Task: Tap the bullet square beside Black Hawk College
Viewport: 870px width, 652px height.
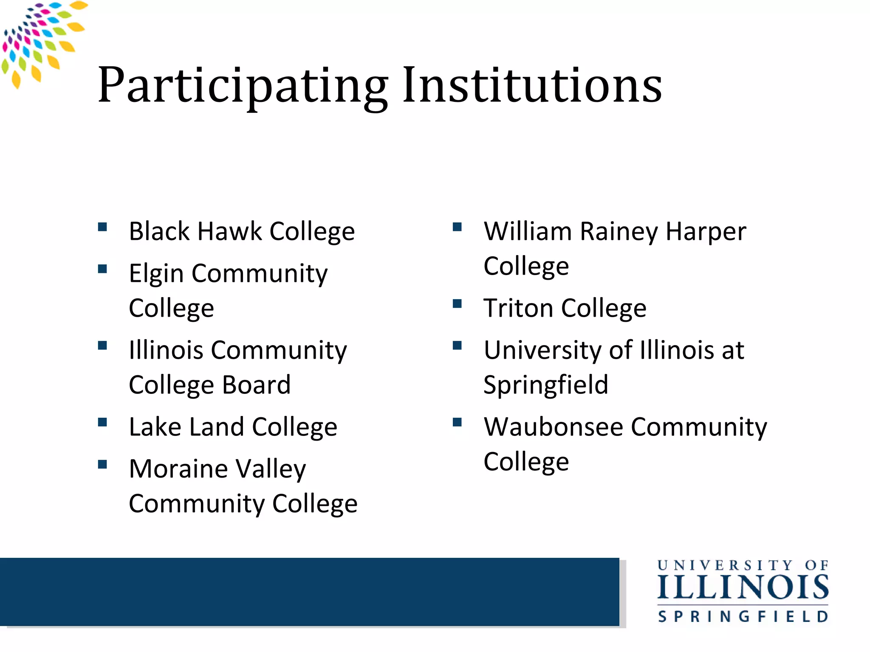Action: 102,227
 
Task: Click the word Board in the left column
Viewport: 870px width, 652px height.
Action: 256,385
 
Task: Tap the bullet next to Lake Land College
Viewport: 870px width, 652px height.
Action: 102,422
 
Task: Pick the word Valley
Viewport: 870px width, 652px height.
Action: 271,469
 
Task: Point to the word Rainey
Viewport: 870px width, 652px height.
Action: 619,232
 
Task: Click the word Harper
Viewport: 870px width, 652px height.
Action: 706,232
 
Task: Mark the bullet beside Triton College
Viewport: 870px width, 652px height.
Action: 457,304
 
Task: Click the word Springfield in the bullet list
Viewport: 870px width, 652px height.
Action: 546,385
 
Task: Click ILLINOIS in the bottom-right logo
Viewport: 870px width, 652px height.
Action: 743,587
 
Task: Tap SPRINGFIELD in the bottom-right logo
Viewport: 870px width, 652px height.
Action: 743,616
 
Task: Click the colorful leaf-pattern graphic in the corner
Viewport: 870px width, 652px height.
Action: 40,40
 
